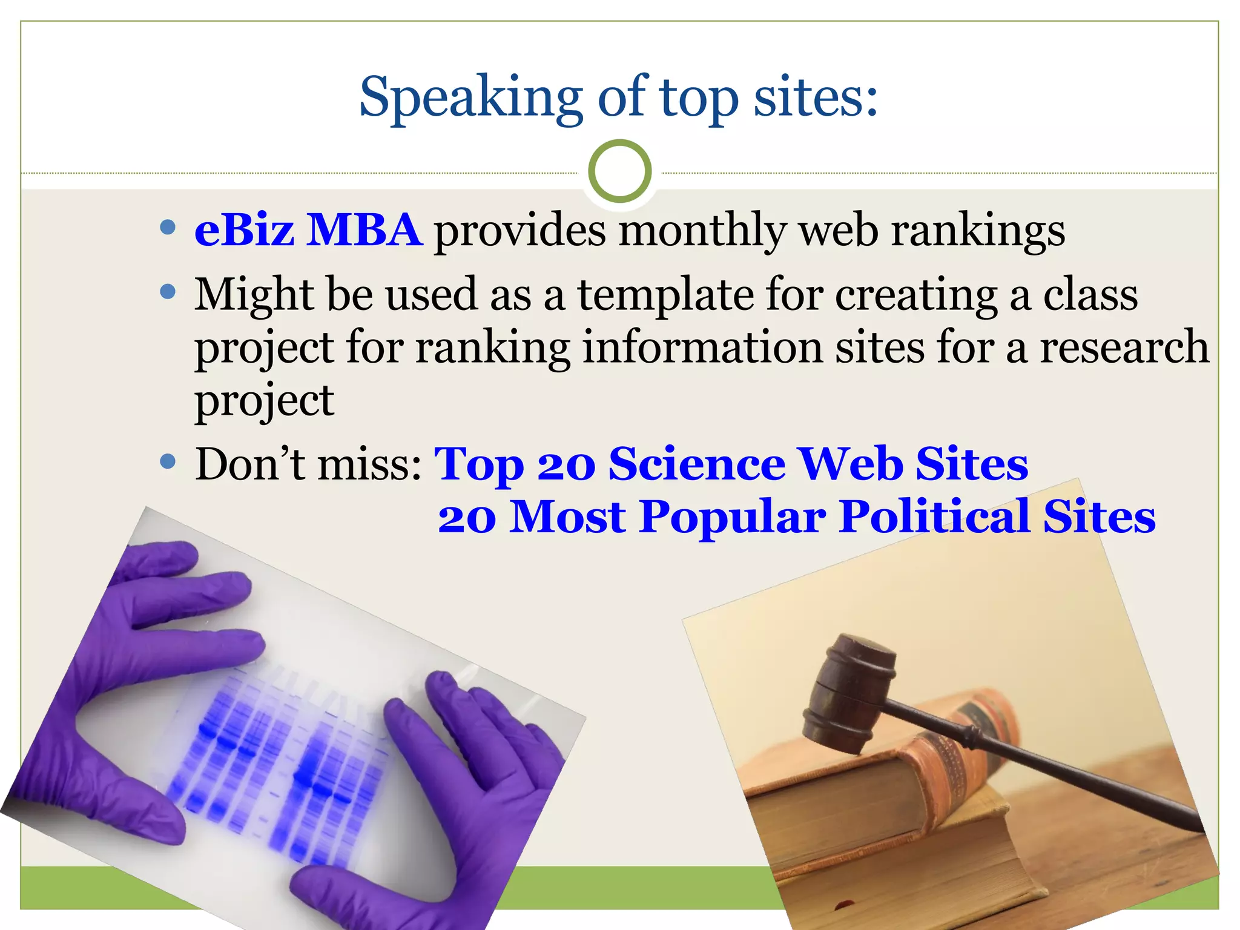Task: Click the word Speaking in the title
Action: (x=470, y=98)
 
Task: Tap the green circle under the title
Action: (x=619, y=171)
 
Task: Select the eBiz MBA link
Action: (x=308, y=231)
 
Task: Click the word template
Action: (x=665, y=295)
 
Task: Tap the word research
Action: (x=1124, y=348)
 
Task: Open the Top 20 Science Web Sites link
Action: (x=731, y=464)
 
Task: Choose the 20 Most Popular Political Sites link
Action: (x=796, y=517)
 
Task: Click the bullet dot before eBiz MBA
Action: (x=168, y=228)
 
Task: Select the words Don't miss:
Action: (x=308, y=464)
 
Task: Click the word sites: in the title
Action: (x=815, y=98)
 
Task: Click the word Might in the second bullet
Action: (x=253, y=295)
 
